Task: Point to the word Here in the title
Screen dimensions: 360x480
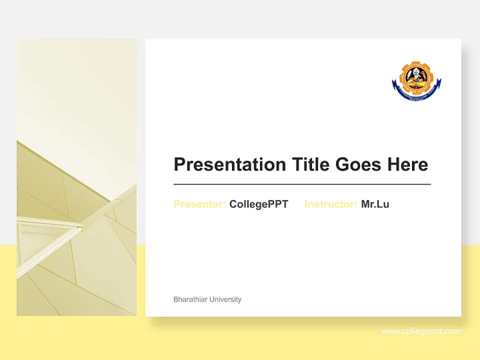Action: click(x=407, y=164)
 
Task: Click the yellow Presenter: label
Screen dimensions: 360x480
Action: click(x=199, y=204)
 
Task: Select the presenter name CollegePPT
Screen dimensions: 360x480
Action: click(x=258, y=204)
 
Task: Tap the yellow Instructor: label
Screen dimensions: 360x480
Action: click(x=330, y=204)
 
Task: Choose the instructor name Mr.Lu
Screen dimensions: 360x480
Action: click(x=375, y=204)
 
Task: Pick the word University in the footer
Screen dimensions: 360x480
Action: click(x=225, y=299)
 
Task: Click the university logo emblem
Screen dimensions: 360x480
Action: click(x=416, y=81)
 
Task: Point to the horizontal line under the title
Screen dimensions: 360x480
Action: click(x=302, y=184)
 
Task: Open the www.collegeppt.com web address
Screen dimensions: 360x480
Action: click(x=421, y=331)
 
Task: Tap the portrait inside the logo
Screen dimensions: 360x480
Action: click(x=416, y=77)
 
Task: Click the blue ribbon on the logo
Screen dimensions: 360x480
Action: click(x=416, y=94)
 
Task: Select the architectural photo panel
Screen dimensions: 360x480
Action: click(x=76, y=177)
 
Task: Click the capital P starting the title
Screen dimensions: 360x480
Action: click(x=179, y=164)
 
